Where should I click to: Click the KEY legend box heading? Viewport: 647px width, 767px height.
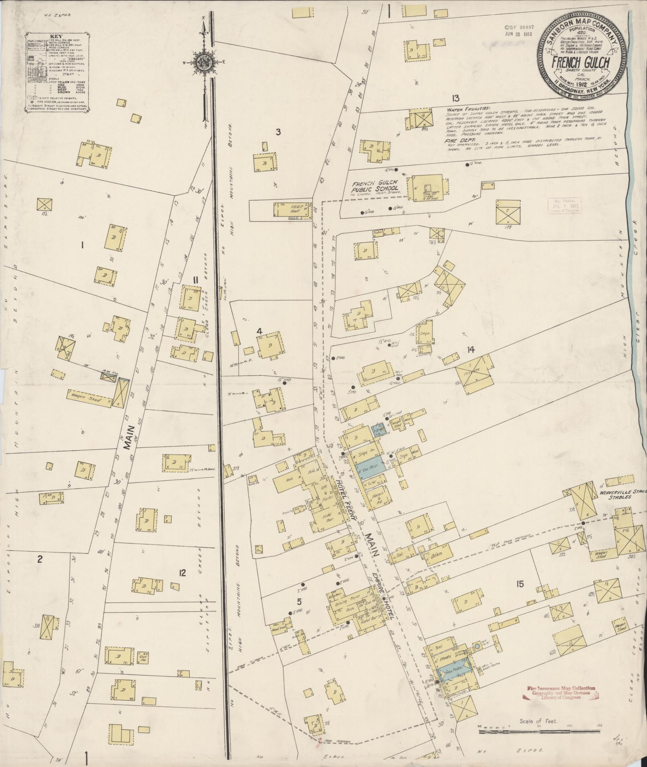[54, 36]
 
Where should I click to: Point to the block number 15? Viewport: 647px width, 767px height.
[520, 585]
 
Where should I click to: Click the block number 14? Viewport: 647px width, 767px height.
[471, 350]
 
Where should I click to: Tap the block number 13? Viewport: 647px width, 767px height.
[455, 98]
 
